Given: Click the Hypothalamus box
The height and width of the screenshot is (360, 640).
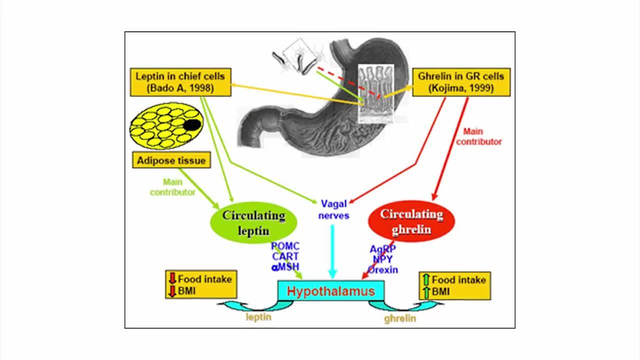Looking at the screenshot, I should coord(330,291).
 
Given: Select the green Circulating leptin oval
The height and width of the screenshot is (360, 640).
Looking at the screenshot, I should coord(253,223).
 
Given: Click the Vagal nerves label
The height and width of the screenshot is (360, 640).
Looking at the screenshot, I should coord(333,209).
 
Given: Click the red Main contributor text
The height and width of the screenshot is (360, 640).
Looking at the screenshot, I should coord(482,136).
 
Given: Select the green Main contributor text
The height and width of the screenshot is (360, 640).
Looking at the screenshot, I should coord(172,187).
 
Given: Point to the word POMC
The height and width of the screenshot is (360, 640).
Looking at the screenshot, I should coord(285,246).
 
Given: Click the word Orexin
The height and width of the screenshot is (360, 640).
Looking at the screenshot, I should coord(383,269).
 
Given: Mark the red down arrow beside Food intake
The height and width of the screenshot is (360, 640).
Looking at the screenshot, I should coord(171,279).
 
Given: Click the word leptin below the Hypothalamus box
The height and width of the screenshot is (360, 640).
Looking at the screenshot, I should coord(258,317).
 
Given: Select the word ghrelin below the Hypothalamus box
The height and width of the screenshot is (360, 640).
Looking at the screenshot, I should coord(399,318).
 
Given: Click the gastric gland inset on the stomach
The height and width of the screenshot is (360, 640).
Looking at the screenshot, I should coord(376,93).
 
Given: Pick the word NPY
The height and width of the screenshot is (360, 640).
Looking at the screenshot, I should coord(382,259).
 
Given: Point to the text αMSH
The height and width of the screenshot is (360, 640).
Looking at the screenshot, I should coord(285,266).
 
